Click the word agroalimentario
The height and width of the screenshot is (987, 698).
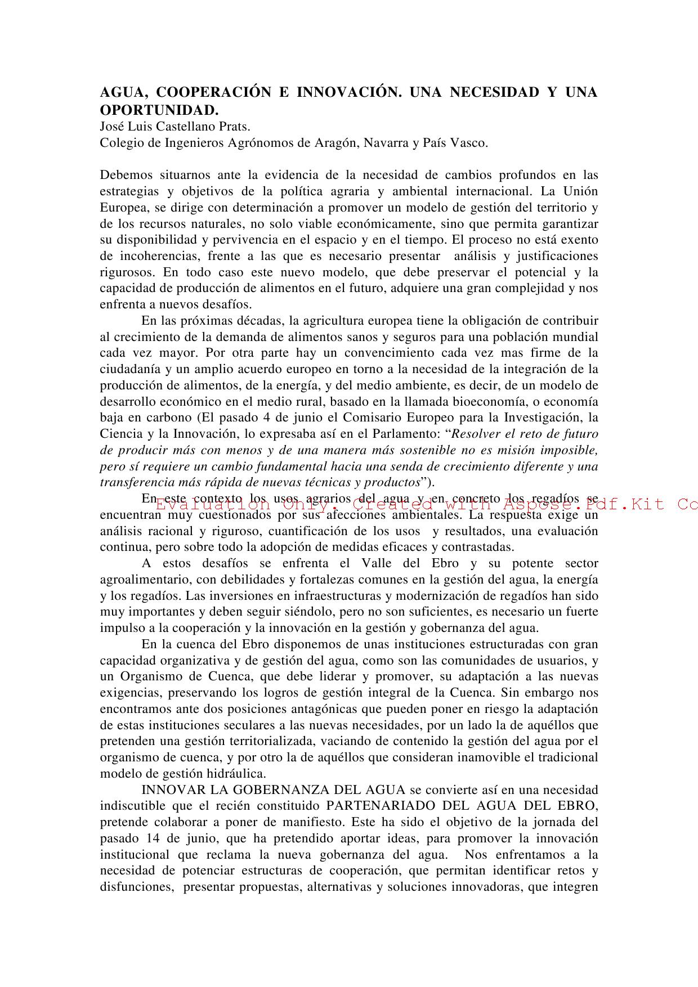(144, 580)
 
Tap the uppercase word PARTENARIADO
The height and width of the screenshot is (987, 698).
(384, 806)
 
